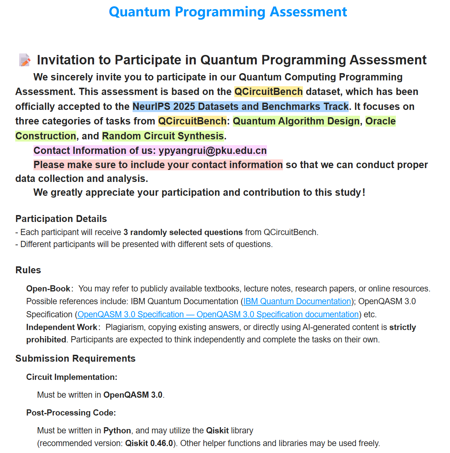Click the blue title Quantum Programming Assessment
(228, 12)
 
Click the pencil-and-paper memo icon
(25, 60)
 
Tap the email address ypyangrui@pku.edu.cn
(212, 151)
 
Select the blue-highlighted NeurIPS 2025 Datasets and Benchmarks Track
(240, 107)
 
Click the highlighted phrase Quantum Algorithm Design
(296, 121)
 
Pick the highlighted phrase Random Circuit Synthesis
(163, 136)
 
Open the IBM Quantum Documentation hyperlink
(297, 301)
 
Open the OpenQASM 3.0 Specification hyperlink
(218, 314)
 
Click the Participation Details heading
(61, 219)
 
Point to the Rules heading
(28, 270)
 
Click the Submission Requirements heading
(75, 358)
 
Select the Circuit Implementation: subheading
(72, 377)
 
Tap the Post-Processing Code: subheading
(71, 413)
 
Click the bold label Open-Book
(48, 289)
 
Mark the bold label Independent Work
(61, 327)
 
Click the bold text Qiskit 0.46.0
(149, 443)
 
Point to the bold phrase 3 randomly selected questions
(183, 232)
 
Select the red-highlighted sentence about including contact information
(158, 165)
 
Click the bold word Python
(117, 430)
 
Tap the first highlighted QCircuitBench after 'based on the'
(268, 92)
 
